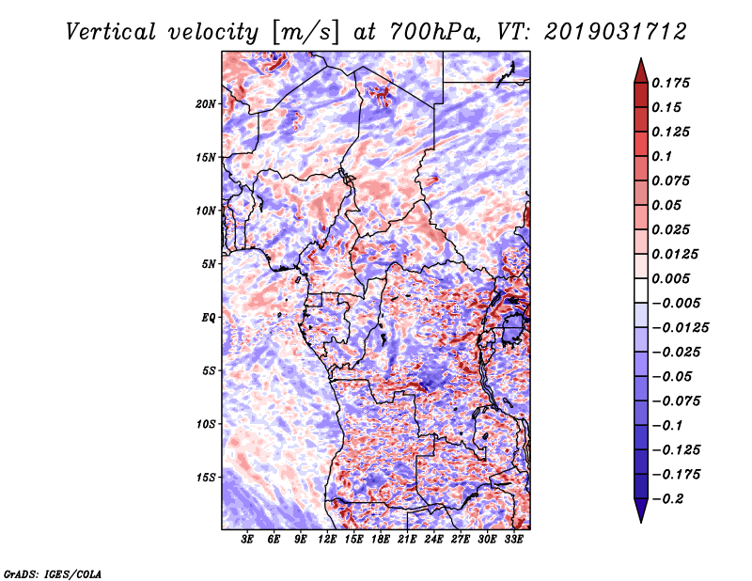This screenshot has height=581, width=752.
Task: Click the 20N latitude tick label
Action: [x=206, y=103]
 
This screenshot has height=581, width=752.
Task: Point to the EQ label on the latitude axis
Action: [x=209, y=317]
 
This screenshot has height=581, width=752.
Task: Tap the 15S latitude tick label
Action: [x=206, y=478]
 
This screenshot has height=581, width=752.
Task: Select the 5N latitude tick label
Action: [x=209, y=264]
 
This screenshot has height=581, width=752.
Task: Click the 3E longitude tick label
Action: [x=247, y=539]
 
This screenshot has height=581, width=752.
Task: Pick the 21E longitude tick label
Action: [x=407, y=539]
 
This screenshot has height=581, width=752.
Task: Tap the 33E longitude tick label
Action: [x=513, y=539]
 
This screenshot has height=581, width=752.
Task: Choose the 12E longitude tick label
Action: [x=326, y=539]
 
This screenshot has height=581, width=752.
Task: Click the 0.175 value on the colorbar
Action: [x=670, y=83]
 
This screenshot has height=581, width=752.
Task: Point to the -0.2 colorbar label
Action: [x=666, y=499]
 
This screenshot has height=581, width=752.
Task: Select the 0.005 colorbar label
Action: [x=670, y=278]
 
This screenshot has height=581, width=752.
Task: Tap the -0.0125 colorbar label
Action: [x=680, y=328]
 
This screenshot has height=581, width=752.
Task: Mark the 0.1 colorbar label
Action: [x=662, y=156]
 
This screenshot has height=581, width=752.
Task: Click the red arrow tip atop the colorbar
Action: [x=641, y=58]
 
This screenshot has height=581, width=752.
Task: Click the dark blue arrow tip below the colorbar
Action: [x=641, y=522]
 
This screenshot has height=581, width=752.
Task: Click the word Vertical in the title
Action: [x=111, y=32]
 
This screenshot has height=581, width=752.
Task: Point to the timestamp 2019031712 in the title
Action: [x=616, y=32]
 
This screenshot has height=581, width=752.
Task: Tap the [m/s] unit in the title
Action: [x=305, y=33]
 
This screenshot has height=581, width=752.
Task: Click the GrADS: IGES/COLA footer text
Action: [x=53, y=573]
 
